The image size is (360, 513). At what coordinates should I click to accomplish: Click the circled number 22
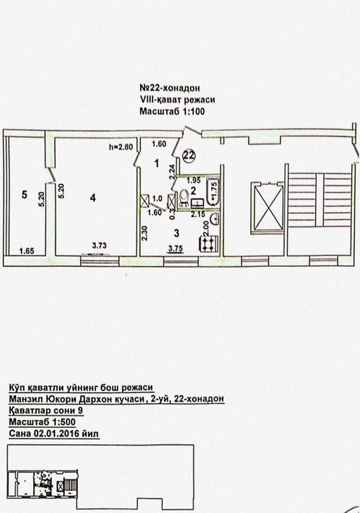coord(189,155)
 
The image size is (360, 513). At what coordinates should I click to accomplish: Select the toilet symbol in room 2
coord(183,198)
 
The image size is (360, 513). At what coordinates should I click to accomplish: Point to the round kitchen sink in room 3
coord(214,218)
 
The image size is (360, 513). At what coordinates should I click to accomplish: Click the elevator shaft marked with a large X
coord(267,207)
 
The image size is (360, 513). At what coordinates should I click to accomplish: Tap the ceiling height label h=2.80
coord(121,147)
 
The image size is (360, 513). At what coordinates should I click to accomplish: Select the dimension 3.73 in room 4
coord(100,246)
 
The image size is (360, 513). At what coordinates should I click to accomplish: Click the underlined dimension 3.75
coord(175,248)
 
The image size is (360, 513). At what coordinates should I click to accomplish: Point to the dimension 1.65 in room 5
coord(26,251)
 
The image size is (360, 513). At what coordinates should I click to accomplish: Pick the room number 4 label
coord(93,198)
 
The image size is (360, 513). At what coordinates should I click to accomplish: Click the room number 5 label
coord(24,195)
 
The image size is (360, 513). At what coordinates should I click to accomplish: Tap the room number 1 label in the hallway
coord(157,163)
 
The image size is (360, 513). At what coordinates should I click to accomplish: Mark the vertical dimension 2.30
coord(144,235)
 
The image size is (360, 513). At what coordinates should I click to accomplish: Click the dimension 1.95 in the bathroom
coord(194,180)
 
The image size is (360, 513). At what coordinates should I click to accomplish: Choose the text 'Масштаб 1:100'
coord(172,111)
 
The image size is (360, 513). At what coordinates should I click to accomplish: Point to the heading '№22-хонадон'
coord(170,88)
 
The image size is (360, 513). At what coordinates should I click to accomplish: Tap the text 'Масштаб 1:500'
coord(43,422)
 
